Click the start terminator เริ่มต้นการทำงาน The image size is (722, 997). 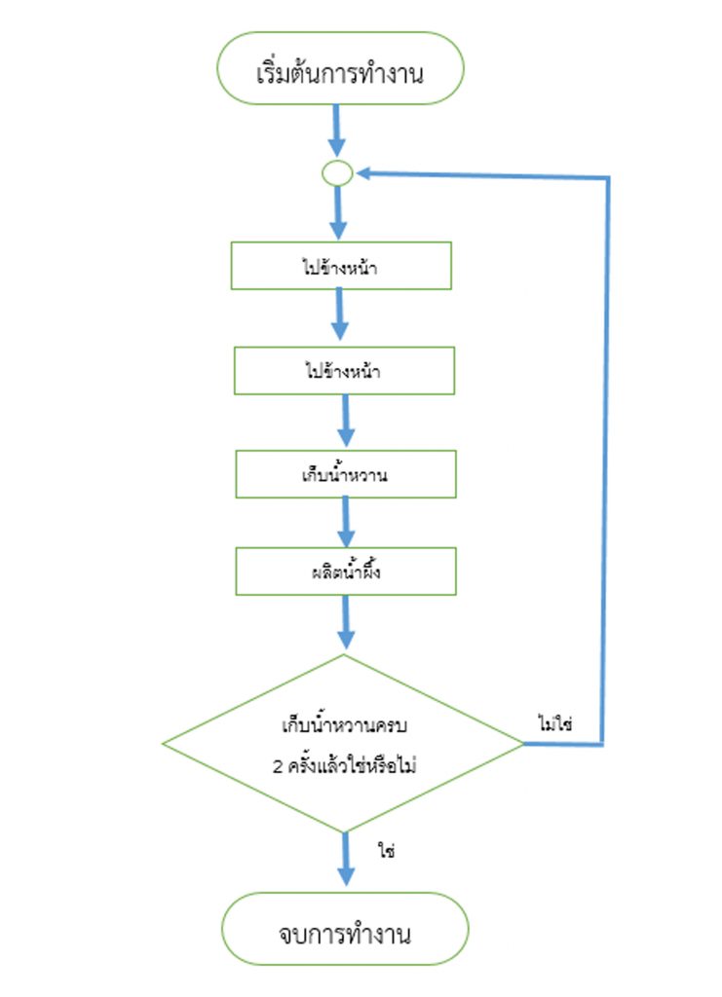pyautogui.click(x=339, y=71)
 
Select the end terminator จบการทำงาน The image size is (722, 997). pyautogui.click(x=345, y=935)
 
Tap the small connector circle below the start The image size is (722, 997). pyautogui.click(x=337, y=173)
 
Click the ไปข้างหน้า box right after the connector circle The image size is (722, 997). pyautogui.click(x=341, y=266)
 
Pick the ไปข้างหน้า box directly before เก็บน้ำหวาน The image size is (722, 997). pyautogui.click(x=345, y=371)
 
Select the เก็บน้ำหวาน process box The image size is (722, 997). pyautogui.click(x=345, y=474)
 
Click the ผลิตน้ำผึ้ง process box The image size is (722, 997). pyautogui.click(x=345, y=572)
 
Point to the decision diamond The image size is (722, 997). pyautogui.click(x=344, y=745)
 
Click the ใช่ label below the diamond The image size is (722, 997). pyautogui.click(x=386, y=850)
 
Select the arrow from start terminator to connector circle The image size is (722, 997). pyautogui.click(x=337, y=129)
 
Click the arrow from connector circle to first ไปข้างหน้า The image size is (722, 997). pyautogui.click(x=338, y=213)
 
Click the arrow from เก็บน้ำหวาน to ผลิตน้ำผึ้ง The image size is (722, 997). pyautogui.click(x=346, y=522)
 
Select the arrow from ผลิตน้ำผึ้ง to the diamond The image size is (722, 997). pyautogui.click(x=346, y=623)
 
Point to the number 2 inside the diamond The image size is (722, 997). pyautogui.click(x=279, y=765)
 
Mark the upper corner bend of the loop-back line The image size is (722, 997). pyautogui.click(x=608, y=178)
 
